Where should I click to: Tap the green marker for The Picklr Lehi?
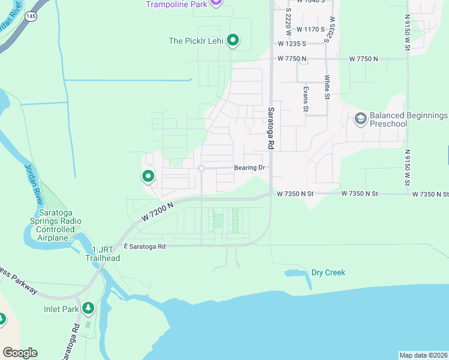click(233, 41)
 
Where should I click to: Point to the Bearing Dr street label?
click(250, 168)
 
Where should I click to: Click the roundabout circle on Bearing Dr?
click(202, 169)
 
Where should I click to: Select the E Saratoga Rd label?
click(145, 246)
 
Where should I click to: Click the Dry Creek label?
click(328, 272)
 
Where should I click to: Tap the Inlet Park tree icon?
click(89, 308)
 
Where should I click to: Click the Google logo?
click(19, 353)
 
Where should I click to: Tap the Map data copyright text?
click(424, 355)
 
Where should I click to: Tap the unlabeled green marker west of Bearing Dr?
click(148, 176)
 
